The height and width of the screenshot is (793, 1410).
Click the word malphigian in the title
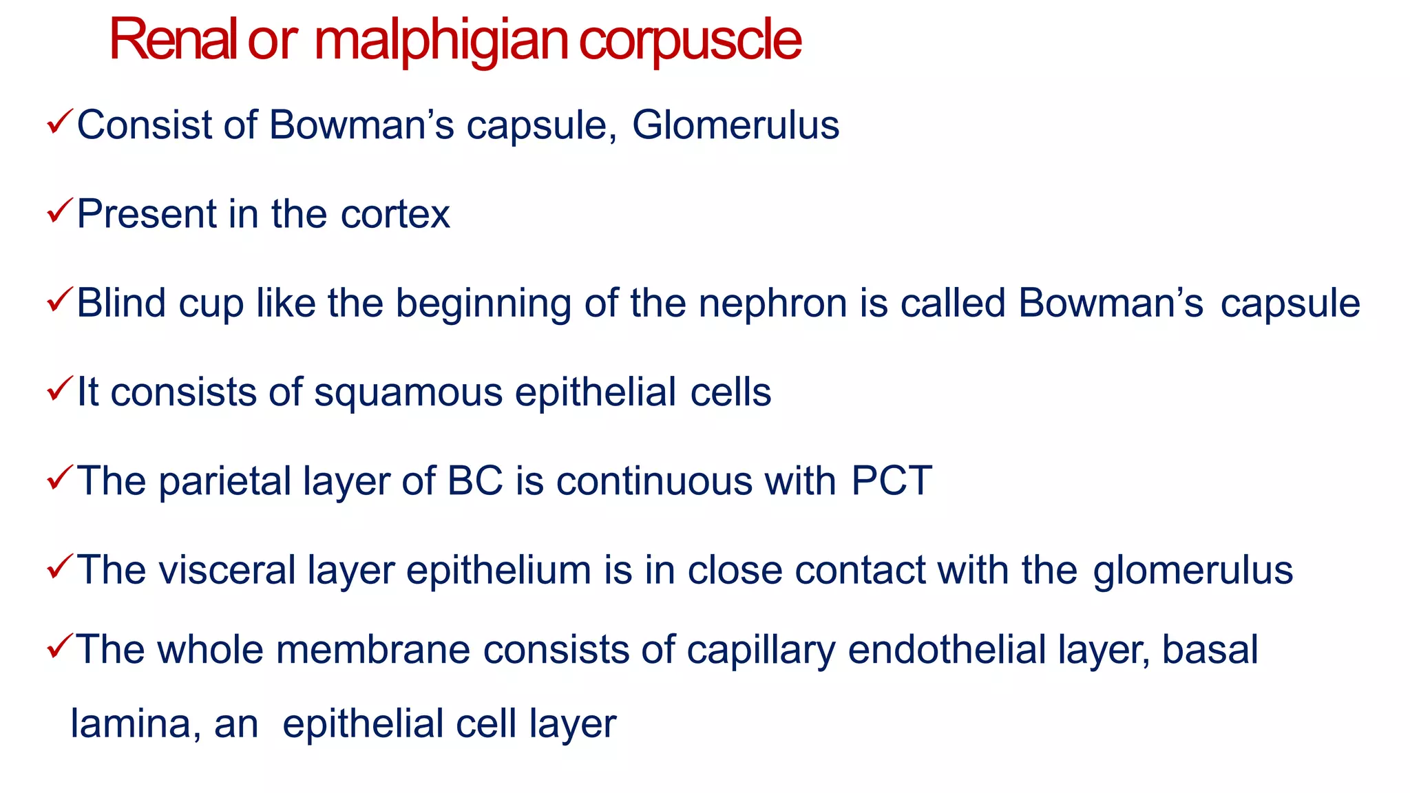pyautogui.click(x=441, y=41)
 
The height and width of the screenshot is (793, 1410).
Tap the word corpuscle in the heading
pyautogui.click(x=690, y=41)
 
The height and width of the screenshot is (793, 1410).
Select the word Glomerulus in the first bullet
pyautogui.click(x=735, y=125)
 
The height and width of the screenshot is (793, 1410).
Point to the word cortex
pyautogui.click(x=395, y=214)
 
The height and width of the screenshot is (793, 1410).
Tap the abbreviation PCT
pyautogui.click(x=892, y=480)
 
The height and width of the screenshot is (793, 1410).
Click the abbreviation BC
pyautogui.click(x=475, y=480)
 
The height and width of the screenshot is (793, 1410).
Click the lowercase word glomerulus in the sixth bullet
pyautogui.click(x=1192, y=570)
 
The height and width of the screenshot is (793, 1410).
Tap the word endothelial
pyautogui.click(x=947, y=649)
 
